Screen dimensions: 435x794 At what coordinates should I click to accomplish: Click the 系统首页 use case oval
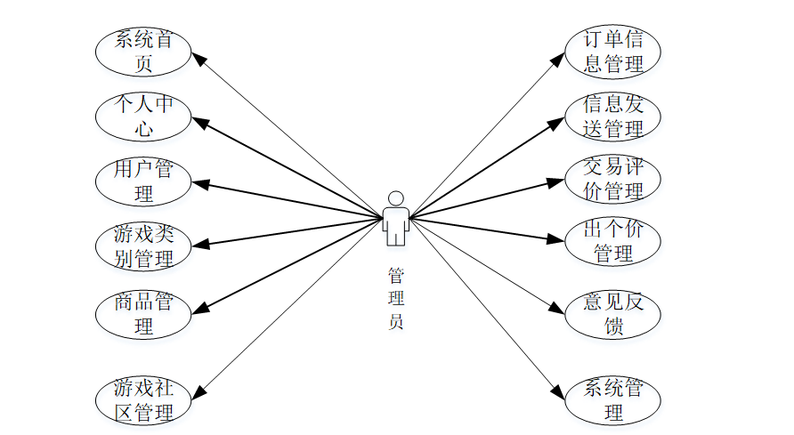click(x=142, y=51)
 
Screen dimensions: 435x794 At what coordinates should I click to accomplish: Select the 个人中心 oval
click(x=142, y=117)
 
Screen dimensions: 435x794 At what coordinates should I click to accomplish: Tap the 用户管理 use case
click(x=142, y=181)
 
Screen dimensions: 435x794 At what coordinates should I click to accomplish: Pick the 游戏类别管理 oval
click(x=142, y=246)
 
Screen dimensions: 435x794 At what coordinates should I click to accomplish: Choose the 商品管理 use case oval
click(x=142, y=313)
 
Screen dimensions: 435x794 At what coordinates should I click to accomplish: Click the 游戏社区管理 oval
click(x=142, y=399)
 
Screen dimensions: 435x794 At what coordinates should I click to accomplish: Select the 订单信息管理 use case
click(x=613, y=51)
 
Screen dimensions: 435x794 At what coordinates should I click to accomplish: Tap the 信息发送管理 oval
click(x=613, y=117)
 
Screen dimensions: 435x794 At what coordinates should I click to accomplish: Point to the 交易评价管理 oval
click(x=613, y=178)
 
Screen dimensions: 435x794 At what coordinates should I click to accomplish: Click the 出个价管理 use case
click(x=613, y=240)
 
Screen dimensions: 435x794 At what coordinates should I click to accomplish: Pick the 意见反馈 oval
click(x=613, y=313)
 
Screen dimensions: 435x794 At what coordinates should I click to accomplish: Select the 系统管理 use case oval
click(x=613, y=399)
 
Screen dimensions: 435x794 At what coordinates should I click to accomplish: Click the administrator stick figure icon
click(x=396, y=218)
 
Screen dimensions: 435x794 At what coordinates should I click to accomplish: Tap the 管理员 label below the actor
click(x=396, y=298)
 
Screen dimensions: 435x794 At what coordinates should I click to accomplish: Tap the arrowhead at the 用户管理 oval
click(x=200, y=184)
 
